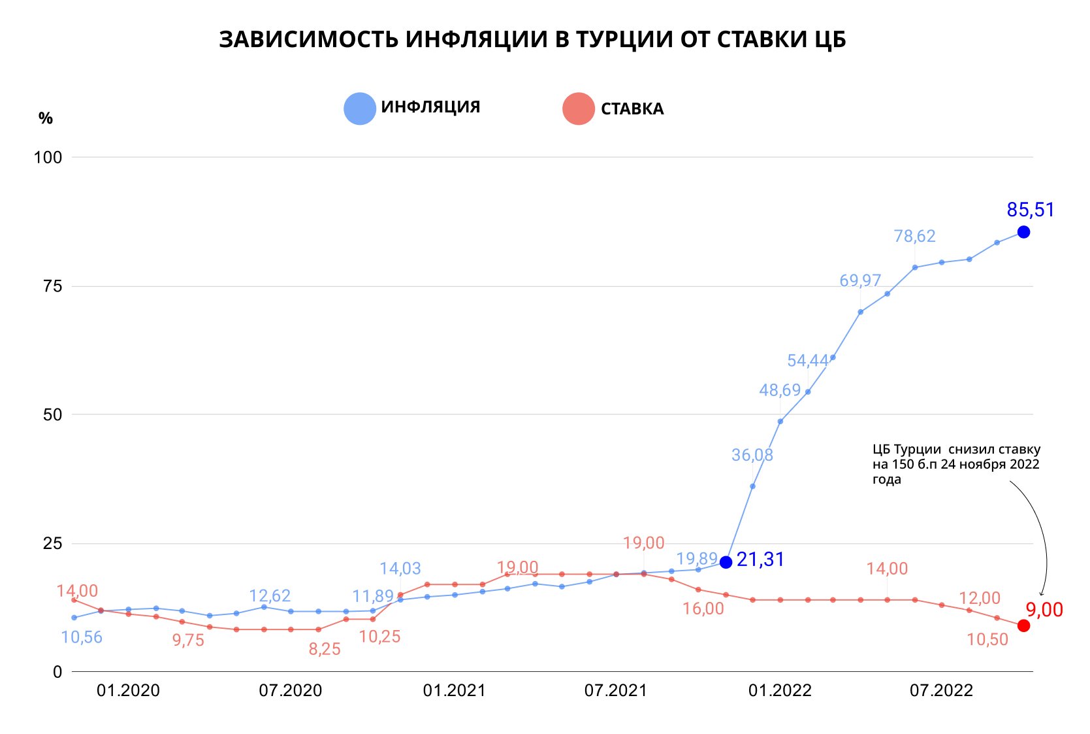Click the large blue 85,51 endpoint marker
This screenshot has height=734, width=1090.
pos(1023,232)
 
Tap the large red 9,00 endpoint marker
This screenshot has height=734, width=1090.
pos(1023,626)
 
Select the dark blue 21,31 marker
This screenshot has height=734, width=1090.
pos(726,562)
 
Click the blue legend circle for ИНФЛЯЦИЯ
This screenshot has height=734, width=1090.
pos(360,108)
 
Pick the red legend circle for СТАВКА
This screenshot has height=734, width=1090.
pos(578,109)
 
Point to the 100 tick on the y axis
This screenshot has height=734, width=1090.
pos(48,158)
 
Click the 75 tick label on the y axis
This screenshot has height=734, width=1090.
pos(52,286)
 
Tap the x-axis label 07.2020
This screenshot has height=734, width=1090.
pos(291,691)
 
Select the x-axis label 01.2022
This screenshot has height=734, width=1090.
pos(780,691)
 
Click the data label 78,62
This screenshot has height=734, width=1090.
pos(914,236)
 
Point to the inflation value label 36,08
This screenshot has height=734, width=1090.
pos(752,455)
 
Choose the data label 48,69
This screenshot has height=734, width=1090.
pos(780,390)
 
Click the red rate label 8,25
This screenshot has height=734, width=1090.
pos(325,649)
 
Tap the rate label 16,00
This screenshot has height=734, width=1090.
pos(703,609)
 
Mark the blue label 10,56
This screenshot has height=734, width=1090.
pos(82,637)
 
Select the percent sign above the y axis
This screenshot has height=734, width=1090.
pos(45,118)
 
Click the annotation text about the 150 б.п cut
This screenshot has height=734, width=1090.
pos(955,464)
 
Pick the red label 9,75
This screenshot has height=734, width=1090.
pos(188,641)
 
